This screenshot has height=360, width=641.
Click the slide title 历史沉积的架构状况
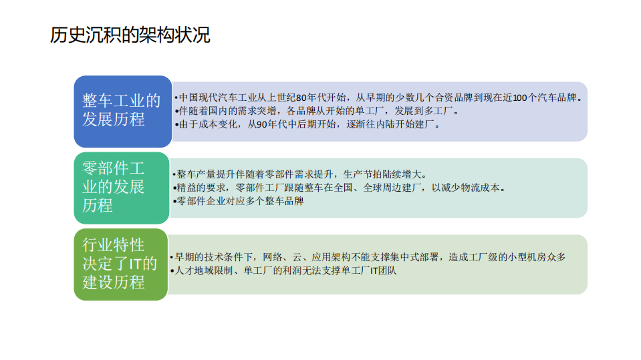tap(130, 35)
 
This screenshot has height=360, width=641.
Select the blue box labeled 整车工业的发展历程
tap(122, 110)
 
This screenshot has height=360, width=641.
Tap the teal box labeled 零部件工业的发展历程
tap(122, 186)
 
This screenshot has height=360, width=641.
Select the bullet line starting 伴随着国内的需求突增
tap(314, 111)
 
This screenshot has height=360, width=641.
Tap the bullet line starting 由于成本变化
tap(307, 124)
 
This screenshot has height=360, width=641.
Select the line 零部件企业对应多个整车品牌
tap(239, 201)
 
